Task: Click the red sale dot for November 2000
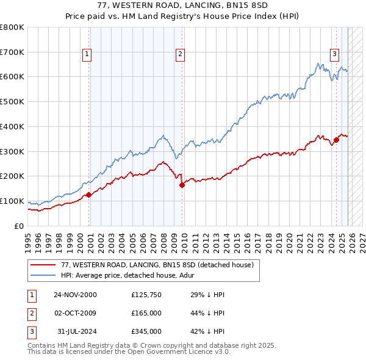88,195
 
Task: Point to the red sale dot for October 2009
182,185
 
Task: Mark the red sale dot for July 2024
336,140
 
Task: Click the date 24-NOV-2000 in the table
75,295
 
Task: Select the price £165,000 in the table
146,313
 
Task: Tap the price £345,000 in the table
146,331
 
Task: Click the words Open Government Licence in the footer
162,352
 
